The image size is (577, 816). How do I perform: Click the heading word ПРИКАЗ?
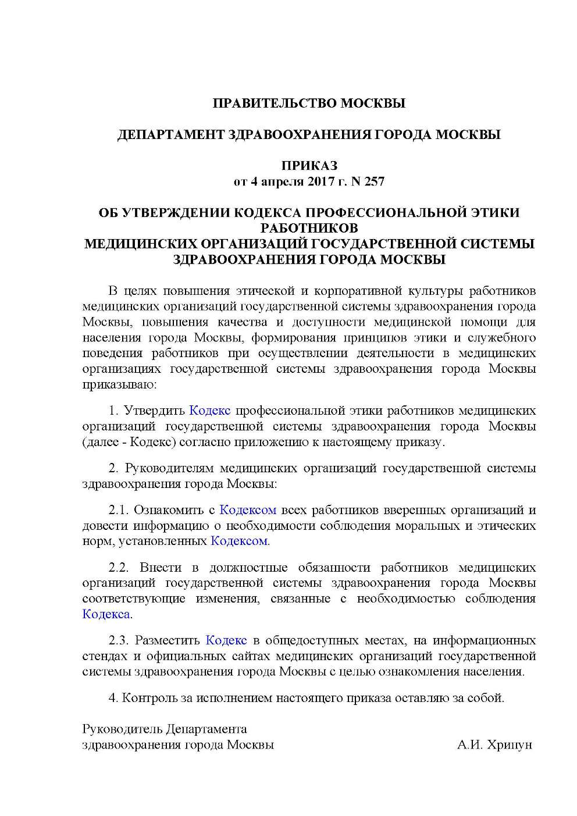coord(309,166)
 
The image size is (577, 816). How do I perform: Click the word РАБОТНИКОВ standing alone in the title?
coord(309,227)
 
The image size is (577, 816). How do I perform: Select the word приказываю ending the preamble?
coord(118,384)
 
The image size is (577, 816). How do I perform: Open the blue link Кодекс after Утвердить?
coord(210,411)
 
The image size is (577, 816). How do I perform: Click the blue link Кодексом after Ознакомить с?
coord(248,510)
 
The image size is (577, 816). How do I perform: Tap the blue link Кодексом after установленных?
coord(239,541)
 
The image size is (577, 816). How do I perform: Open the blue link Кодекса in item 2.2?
coord(106,614)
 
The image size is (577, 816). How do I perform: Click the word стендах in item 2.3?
coord(106,656)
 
